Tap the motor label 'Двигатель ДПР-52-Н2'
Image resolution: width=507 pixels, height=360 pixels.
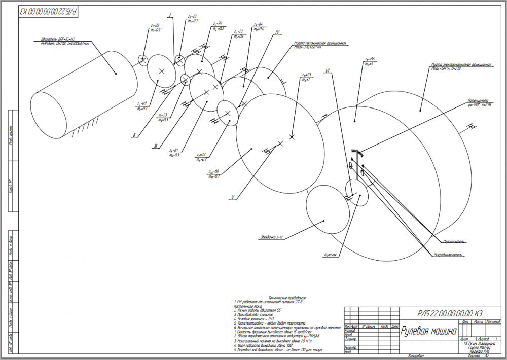pos(58,39)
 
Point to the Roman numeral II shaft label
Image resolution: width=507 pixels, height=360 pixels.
pos(133,135)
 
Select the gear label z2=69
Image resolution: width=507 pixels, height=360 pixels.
pos(141,103)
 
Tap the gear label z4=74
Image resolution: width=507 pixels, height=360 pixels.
pos(218,24)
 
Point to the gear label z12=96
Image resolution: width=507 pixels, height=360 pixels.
pos(370,59)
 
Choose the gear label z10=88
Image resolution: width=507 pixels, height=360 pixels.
pos(213,171)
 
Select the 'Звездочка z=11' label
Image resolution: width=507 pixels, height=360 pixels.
pos(271,237)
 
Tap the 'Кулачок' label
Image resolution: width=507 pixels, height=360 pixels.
pos(331,255)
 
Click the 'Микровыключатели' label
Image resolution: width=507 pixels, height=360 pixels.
pos(449,254)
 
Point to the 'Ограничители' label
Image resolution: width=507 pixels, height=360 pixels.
pos(454,241)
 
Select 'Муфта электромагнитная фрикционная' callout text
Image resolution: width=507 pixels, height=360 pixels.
pos(461,65)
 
